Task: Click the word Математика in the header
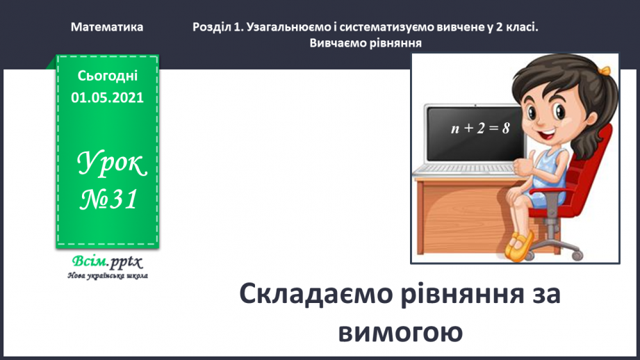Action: point(107,27)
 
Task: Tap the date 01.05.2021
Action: point(107,98)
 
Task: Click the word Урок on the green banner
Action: point(111,165)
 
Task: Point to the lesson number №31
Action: point(108,200)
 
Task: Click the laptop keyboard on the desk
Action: point(459,169)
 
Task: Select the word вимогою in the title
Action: point(400,332)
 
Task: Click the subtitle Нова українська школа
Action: point(108,276)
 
